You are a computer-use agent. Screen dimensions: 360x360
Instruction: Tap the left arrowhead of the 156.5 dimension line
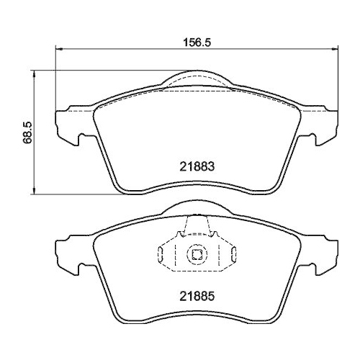60,50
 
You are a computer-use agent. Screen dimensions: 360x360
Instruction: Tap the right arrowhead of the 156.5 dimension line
335,50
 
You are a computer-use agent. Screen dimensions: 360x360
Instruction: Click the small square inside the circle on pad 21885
197,253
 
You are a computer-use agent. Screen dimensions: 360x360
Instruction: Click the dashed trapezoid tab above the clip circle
197,228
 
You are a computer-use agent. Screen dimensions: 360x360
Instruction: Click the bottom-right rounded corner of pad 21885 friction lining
269,318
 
